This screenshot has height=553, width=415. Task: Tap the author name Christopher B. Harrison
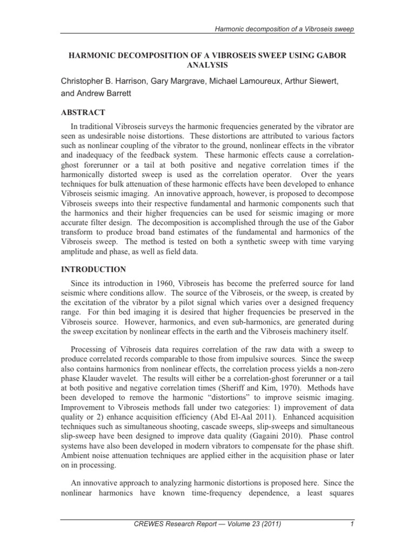pos(109,81)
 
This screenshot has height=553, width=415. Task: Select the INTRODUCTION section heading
pos(93,269)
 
